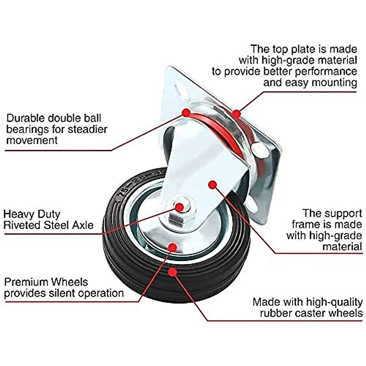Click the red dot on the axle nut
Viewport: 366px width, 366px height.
(x=180, y=207)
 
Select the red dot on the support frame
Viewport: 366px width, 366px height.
(x=213, y=184)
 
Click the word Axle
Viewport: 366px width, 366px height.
(x=83, y=225)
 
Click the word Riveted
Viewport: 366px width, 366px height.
(x=22, y=225)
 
